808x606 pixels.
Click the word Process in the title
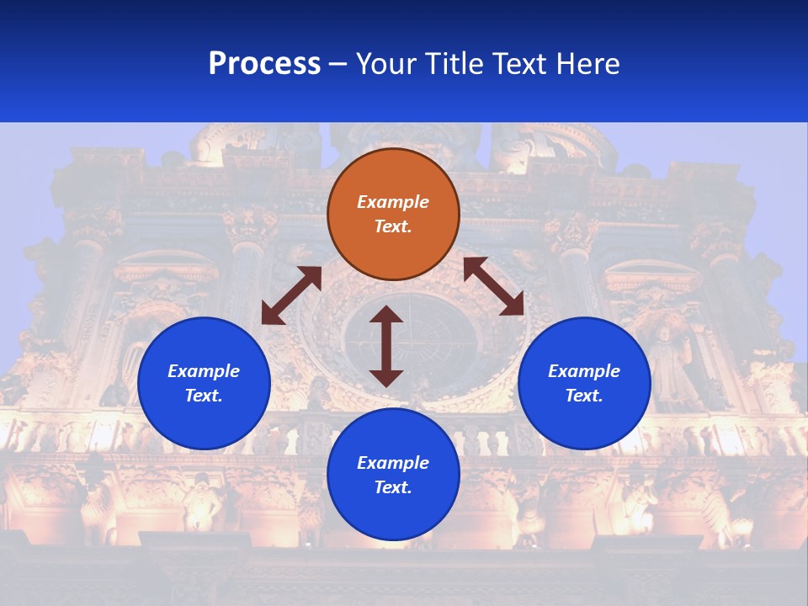pyautogui.click(x=264, y=64)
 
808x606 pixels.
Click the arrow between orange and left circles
pyautogui.click(x=291, y=295)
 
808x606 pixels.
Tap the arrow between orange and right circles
pyautogui.click(x=493, y=286)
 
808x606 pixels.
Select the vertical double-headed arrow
pyautogui.click(x=386, y=346)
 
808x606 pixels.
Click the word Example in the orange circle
pyautogui.click(x=393, y=202)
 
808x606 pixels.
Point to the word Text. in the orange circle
pyautogui.click(x=393, y=226)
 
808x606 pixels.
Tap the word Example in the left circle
pyautogui.click(x=204, y=371)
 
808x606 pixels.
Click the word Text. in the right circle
pyautogui.click(x=584, y=396)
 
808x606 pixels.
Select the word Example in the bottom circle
pyautogui.click(x=393, y=463)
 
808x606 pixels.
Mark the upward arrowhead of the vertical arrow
pyautogui.click(x=386, y=316)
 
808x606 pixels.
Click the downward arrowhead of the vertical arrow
pyautogui.click(x=386, y=377)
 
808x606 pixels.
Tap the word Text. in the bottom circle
pyautogui.click(x=393, y=487)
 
